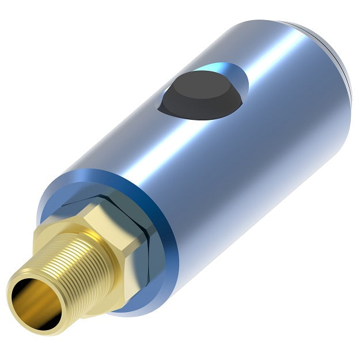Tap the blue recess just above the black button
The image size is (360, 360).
click(x=222, y=72)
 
